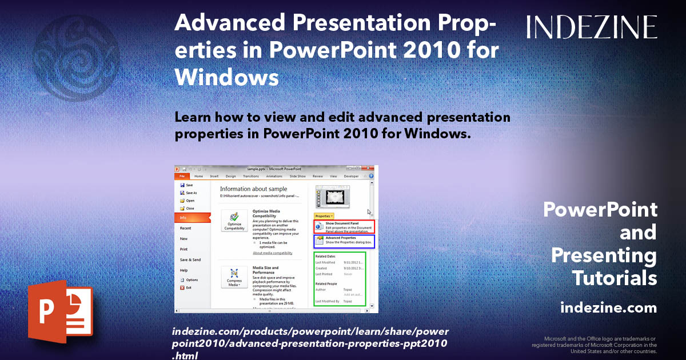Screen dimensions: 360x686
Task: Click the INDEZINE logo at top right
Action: click(592, 27)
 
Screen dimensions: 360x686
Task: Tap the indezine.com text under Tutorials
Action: click(608, 308)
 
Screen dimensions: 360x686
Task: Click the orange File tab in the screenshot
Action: click(182, 177)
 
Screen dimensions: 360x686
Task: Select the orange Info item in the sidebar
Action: click(192, 218)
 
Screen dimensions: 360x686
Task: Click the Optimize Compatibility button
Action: click(234, 221)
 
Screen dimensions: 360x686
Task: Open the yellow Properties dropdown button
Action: click(324, 216)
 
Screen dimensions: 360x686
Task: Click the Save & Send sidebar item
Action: click(190, 259)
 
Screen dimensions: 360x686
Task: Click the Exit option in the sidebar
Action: click(188, 287)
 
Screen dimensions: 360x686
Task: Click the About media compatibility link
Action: click(273, 253)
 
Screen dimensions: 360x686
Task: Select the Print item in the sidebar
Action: click(184, 249)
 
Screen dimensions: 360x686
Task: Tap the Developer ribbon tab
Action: click(351, 177)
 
